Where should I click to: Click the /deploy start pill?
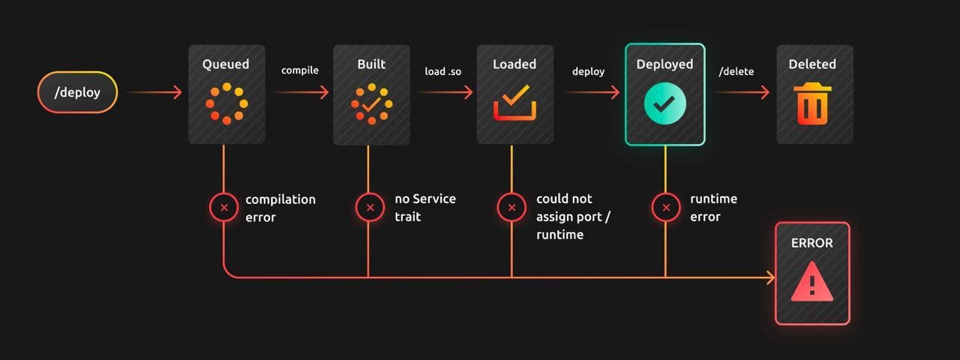tap(77, 92)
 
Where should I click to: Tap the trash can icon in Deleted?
tap(811, 103)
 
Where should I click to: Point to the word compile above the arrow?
tap(300, 70)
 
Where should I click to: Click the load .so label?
tap(443, 71)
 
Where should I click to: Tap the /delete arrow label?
tap(736, 71)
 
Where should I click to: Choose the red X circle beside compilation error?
tap(224, 208)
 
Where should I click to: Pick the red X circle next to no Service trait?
tap(368, 208)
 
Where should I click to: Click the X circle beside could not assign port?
tap(512, 208)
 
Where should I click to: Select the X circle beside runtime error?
tap(665, 208)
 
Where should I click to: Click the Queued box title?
tap(226, 64)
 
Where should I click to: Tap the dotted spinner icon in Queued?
tap(226, 103)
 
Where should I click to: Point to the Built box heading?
tap(371, 64)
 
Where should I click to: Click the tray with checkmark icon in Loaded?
tap(515, 103)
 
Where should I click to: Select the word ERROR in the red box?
tap(811, 243)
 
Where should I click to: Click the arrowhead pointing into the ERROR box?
tap(771, 278)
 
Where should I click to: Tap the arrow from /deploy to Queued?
tap(154, 92)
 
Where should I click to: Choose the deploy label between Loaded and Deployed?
tap(588, 71)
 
